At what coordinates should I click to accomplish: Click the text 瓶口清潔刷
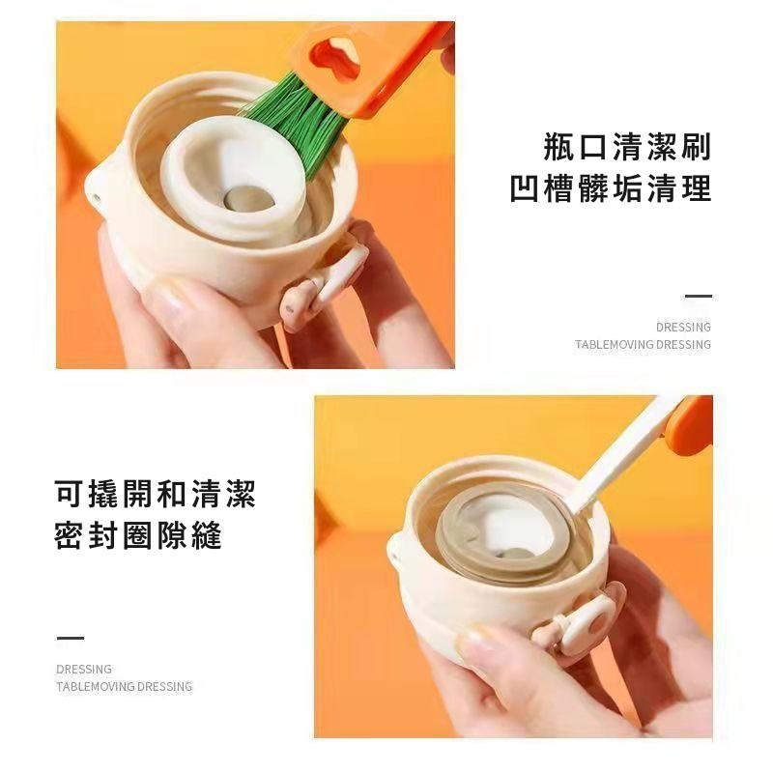point(626,148)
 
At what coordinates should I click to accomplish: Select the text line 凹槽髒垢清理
point(611,187)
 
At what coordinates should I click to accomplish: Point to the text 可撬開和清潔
point(156,496)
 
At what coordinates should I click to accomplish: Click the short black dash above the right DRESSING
point(698,297)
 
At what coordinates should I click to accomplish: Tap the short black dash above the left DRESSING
point(70,638)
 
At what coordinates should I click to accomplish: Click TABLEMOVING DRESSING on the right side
point(643,344)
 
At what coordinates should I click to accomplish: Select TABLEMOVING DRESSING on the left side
point(124,686)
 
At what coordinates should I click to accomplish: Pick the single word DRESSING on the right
point(683,328)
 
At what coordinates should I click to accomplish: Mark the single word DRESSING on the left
point(84,669)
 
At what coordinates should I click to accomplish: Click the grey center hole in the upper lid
point(249,198)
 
